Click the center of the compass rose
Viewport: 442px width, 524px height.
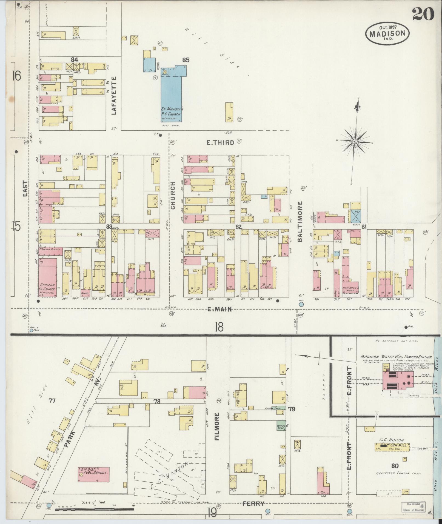click(355, 141)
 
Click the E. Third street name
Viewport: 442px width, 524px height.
click(221, 142)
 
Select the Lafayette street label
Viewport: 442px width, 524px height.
click(114, 96)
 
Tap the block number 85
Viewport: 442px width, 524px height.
click(186, 60)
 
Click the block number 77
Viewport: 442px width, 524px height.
click(52, 401)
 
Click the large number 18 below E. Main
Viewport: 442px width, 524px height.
click(219, 327)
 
